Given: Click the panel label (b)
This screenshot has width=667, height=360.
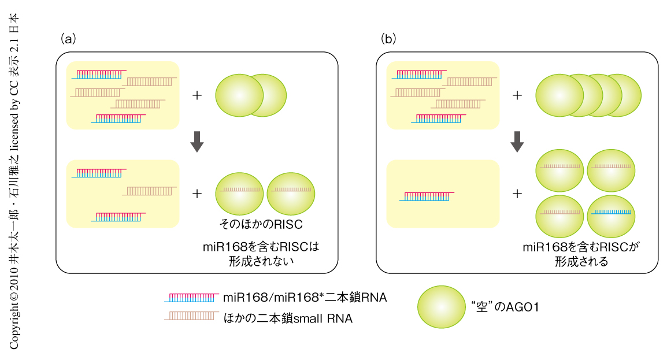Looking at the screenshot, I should (x=388, y=39).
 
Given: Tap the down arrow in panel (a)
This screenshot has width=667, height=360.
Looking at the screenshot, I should (x=197, y=141).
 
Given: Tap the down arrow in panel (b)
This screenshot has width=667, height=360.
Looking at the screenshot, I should (x=517, y=141).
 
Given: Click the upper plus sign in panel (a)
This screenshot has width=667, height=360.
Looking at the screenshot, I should (x=197, y=95).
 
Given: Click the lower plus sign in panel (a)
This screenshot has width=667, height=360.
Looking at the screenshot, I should (x=197, y=194).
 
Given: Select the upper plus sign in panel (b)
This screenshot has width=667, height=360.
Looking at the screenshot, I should (x=517, y=95).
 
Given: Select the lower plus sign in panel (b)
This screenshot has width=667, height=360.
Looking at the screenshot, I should (x=517, y=194).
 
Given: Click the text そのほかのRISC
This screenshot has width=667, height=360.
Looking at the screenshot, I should (x=261, y=224).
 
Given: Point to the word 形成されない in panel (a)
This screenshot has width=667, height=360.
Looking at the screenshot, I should (x=261, y=261).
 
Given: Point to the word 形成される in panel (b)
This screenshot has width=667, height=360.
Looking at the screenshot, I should (x=581, y=261).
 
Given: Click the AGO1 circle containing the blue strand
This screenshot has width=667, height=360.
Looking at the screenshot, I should (x=611, y=212).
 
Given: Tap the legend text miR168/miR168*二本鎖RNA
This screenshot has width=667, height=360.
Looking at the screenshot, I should (x=305, y=298).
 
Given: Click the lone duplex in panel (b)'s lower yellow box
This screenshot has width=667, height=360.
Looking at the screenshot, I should (x=427, y=196).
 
